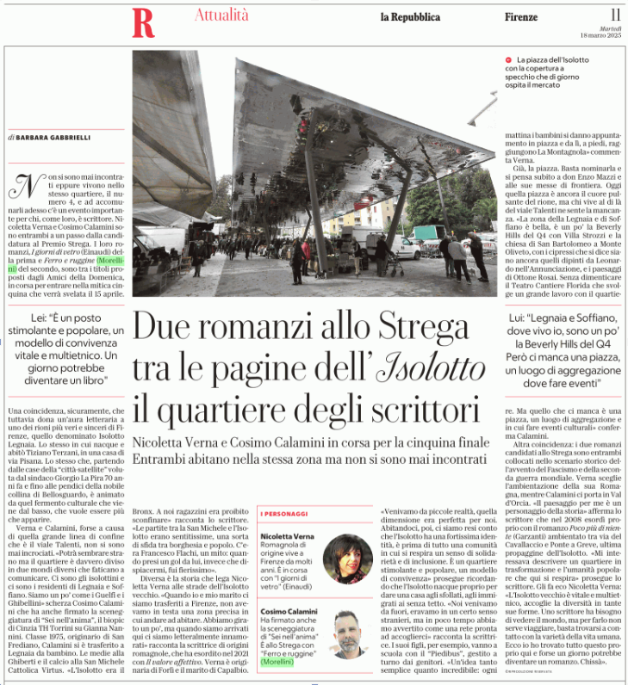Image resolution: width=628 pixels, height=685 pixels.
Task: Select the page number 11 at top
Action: [615, 15]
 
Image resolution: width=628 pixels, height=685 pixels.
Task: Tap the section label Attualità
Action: [221, 15]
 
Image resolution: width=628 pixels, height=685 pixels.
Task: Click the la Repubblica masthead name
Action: [410, 17]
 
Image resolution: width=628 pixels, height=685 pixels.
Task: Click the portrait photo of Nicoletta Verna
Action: [347, 558]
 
